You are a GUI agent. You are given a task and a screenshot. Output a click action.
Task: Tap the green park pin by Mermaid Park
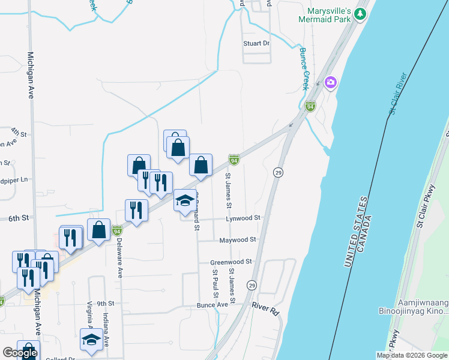[x=360, y=13]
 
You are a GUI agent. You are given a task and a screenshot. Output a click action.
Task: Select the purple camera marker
[x=330, y=82]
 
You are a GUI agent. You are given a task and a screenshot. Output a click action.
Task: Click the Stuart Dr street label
[x=256, y=43]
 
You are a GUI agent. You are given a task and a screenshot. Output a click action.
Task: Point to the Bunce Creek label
[x=304, y=69]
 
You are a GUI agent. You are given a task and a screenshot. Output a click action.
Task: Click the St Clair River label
[x=398, y=93]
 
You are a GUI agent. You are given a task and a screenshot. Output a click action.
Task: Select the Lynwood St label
[x=244, y=218]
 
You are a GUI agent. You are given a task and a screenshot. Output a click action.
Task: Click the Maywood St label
[x=238, y=239]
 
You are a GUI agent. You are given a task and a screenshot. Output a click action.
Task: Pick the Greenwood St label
[x=231, y=262]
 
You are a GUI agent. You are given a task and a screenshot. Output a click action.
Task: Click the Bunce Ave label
[x=212, y=305]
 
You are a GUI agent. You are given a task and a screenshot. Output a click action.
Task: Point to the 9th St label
[x=105, y=304]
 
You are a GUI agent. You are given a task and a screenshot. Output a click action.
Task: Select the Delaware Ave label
[x=120, y=259]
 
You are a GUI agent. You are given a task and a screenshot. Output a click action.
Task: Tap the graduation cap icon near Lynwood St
[x=185, y=201]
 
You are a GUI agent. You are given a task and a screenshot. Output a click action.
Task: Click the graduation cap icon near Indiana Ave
[x=91, y=339]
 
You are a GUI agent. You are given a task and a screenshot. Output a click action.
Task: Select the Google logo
[x=20, y=353]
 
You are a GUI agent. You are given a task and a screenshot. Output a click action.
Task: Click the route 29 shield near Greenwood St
[x=252, y=284]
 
